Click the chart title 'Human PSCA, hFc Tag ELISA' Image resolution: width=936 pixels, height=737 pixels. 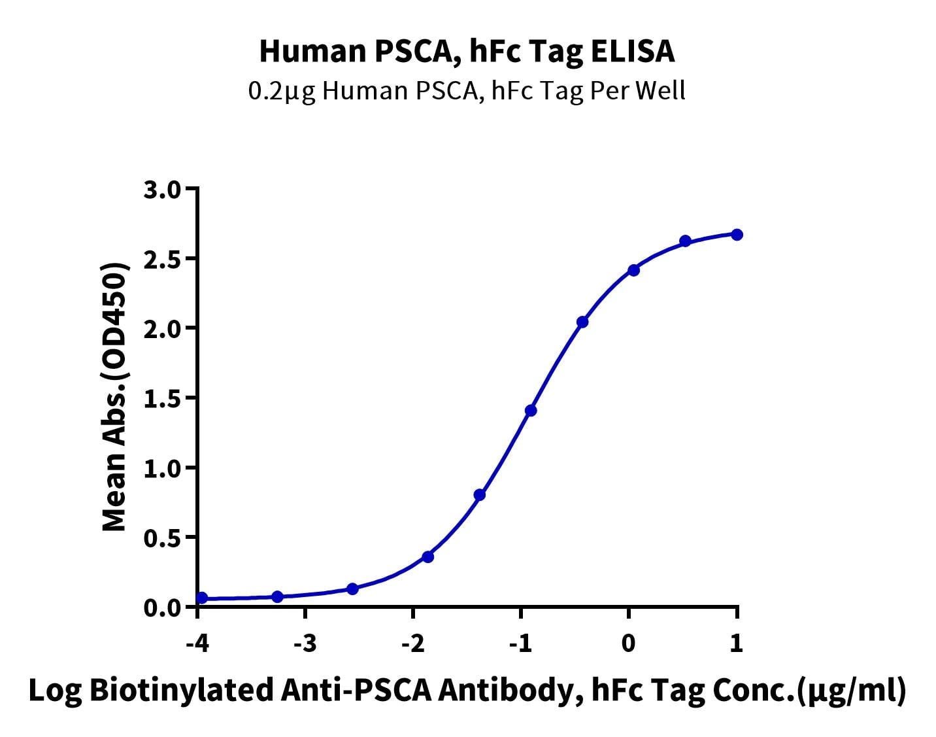(x=467, y=51)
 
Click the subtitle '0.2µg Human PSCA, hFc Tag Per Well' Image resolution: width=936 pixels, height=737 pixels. (x=467, y=91)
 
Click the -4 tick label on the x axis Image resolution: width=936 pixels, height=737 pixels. (x=197, y=643)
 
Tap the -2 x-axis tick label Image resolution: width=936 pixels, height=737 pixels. (x=412, y=643)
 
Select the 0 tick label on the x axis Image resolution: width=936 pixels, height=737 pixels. (x=629, y=643)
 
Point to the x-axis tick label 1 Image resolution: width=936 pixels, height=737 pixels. (x=737, y=643)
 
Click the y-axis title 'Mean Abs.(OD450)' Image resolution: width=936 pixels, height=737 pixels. (x=115, y=398)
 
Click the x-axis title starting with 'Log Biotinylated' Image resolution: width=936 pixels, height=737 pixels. (x=467, y=691)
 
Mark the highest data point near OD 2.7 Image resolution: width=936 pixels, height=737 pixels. (x=737, y=235)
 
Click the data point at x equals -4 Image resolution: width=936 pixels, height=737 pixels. (x=202, y=598)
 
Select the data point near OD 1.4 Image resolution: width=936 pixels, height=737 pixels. (x=531, y=411)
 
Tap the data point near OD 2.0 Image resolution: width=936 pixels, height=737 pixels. (x=582, y=322)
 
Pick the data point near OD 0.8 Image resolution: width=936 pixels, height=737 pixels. (x=480, y=495)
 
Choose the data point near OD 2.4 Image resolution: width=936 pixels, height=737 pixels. (x=633, y=270)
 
